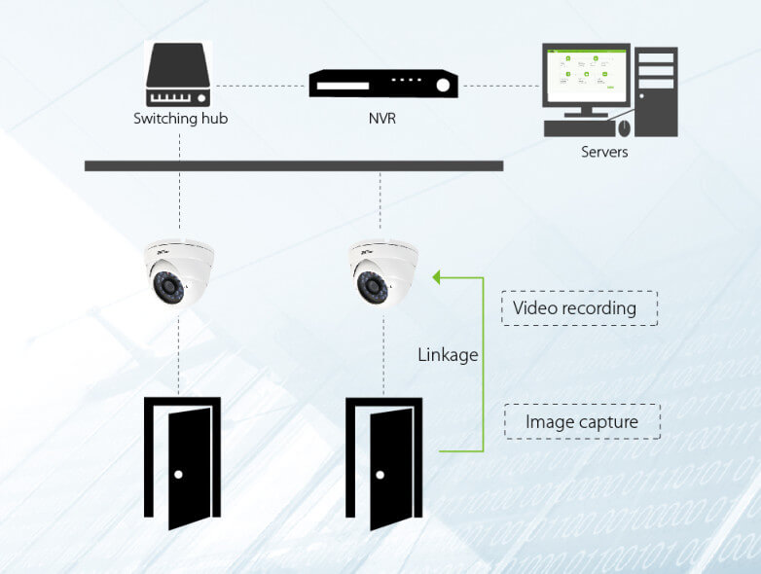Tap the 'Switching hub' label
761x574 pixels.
[x=180, y=120]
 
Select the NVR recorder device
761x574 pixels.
[x=383, y=84]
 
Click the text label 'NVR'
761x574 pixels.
[x=383, y=120]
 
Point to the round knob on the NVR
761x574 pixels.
[x=444, y=85]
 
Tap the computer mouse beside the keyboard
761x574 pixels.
[x=624, y=127]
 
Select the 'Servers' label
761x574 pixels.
[x=604, y=152]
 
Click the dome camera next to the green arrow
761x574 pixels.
[x=383, y=272]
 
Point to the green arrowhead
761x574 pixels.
[x=438, y=277]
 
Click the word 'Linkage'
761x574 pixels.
[x=448, y=355]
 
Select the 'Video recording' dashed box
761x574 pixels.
[x=580, y=308]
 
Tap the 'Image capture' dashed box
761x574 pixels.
[x=582, y=422]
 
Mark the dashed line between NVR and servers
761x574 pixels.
[x=501, y=85]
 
